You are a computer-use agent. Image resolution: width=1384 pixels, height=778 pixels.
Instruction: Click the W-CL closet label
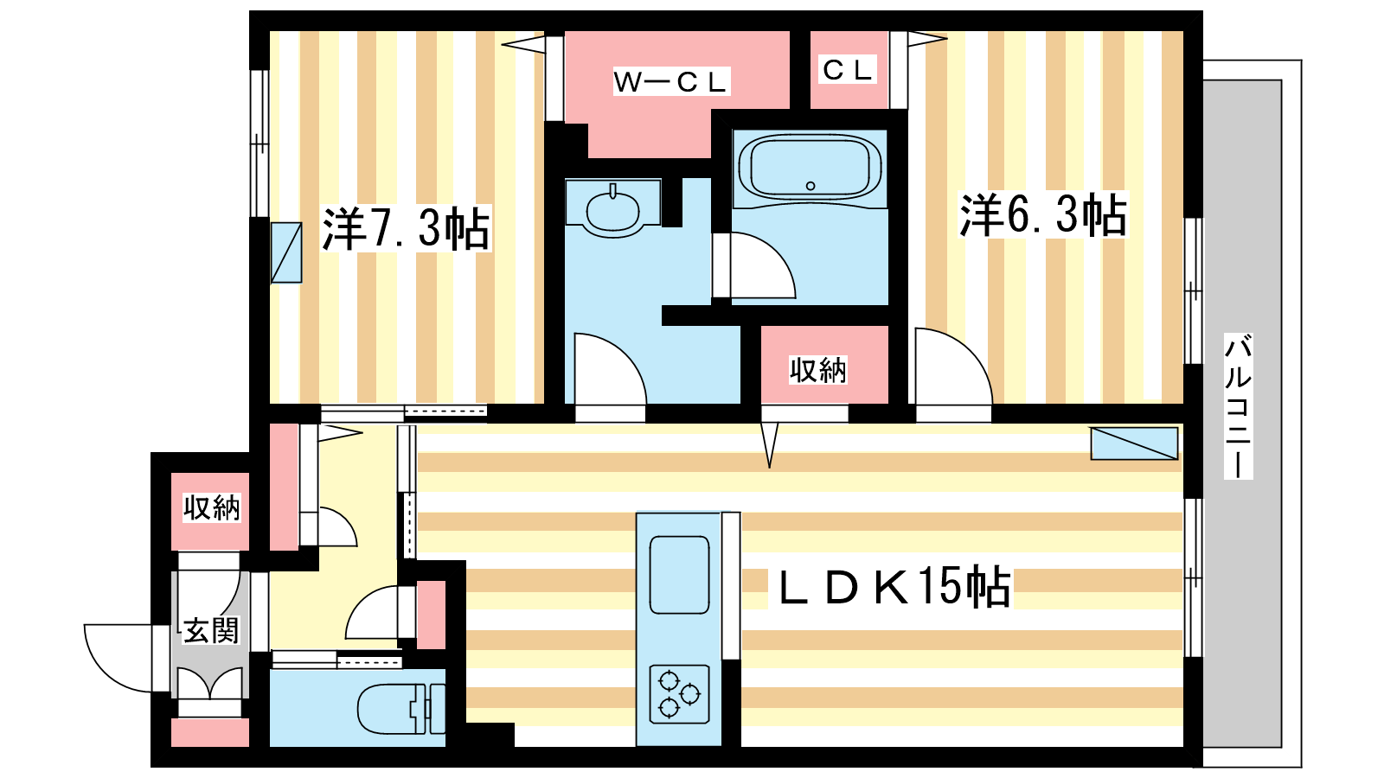coord(671,81)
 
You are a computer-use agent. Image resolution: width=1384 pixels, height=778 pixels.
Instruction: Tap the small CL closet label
coord(847,69)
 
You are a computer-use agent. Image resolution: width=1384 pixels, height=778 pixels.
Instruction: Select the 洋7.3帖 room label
coord(406,228)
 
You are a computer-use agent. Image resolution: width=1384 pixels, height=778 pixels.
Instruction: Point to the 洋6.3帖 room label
coord(1043,215)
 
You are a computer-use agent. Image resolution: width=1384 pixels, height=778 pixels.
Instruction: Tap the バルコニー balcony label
coord(1238,406)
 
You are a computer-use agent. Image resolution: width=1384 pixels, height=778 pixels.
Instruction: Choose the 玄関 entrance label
coord(211,631)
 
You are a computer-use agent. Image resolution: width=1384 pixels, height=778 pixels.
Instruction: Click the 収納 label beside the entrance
coord(211,508)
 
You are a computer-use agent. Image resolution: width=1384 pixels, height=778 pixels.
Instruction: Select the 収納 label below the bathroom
coord(818,370)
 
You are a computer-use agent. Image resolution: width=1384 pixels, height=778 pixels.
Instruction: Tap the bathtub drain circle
coord(811,186)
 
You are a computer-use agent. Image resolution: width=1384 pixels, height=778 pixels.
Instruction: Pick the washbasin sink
coord(613,212)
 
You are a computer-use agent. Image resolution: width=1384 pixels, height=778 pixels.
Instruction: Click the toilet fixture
coord(401,708)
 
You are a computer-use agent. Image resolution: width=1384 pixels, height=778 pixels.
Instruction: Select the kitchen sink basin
coord(679,575)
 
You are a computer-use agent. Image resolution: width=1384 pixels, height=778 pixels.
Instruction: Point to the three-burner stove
coord(679,694)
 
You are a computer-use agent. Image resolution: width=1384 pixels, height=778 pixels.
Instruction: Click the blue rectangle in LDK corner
coord(1134,443)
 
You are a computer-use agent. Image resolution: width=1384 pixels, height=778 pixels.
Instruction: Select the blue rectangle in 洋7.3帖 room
coord(286,252)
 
